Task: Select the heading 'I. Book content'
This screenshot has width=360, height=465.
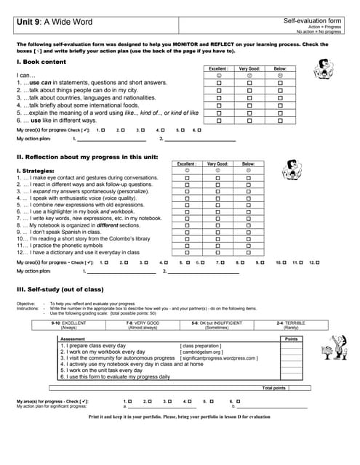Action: (x=41, y=62)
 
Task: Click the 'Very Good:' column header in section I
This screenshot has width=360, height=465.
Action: (x=249, y=68)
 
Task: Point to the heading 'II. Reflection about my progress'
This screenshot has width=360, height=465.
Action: (x=87, y=156)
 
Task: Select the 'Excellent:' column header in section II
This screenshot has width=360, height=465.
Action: (x=186, y=164)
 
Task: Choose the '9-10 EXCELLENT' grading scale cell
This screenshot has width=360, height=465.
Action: (x=69, y=325)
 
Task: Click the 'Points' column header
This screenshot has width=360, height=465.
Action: (x=291, y=339)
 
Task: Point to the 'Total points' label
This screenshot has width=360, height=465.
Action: (x=274, y=387)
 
